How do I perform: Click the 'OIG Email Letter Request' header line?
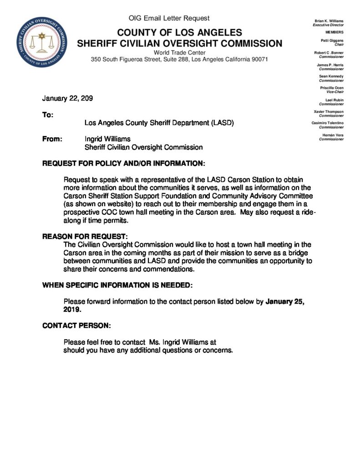169,18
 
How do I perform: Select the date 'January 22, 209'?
68,99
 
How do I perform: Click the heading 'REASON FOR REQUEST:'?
85,237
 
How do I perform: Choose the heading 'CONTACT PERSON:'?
76,326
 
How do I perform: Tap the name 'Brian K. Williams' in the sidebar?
329,21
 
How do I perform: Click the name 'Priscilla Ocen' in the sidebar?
332,88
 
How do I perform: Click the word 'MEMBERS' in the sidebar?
335,33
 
